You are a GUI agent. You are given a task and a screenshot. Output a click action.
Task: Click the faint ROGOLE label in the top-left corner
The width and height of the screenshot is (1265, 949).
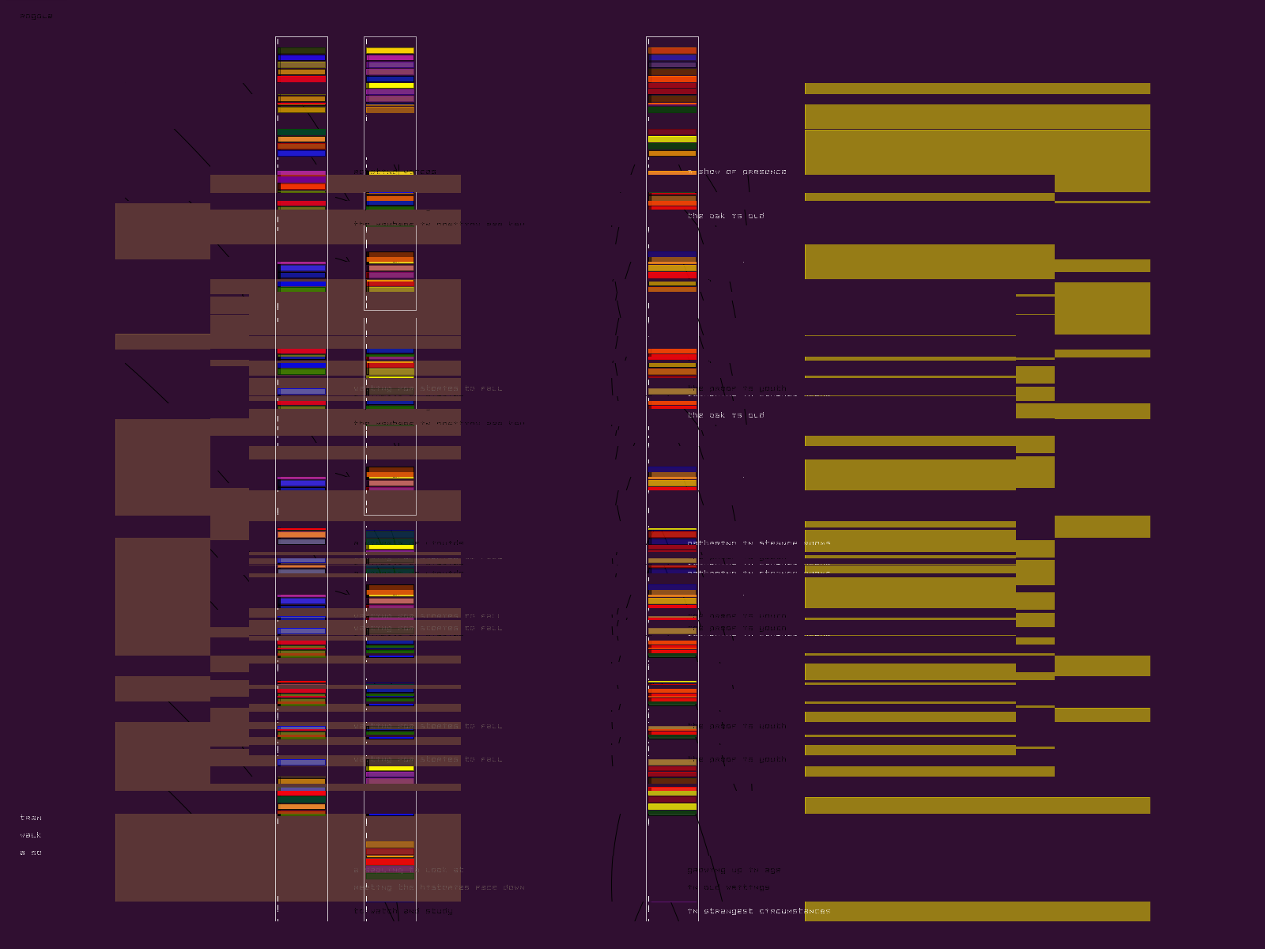[36, 16]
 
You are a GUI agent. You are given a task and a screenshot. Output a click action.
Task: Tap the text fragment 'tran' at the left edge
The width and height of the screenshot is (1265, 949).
[31, 818]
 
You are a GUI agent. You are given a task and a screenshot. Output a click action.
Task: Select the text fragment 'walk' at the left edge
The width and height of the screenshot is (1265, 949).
[31, 835]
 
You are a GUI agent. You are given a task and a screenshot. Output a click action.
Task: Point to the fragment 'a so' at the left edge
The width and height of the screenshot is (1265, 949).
[31, 853]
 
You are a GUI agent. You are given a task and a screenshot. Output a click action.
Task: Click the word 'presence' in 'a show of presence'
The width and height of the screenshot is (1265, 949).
[764, 172]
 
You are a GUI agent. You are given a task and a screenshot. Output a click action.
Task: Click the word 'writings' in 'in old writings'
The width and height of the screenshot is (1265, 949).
[748, 887]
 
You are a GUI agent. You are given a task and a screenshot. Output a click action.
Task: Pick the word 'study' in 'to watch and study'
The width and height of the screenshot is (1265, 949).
[439, 911]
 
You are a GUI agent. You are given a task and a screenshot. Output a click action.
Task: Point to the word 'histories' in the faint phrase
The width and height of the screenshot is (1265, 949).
[440, 887]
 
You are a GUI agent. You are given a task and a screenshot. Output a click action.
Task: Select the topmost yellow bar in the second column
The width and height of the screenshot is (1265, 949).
[390, 51]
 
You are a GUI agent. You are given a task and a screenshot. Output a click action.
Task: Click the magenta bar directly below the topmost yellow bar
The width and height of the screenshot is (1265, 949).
[390, 58]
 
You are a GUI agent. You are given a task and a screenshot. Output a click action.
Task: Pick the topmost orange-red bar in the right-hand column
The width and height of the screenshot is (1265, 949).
[672, 51]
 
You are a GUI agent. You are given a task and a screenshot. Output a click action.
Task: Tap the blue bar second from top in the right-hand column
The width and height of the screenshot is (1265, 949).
[672, 58]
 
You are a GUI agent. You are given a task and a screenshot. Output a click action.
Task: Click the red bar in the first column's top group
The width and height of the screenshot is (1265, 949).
[301, 79]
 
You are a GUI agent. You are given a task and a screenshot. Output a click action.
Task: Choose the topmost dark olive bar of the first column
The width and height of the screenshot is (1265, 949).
[301, 51]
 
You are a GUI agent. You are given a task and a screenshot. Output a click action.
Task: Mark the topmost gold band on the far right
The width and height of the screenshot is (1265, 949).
[977, 89]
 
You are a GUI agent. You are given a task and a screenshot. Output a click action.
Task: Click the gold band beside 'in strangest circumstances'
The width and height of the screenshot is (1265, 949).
[977, 911]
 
